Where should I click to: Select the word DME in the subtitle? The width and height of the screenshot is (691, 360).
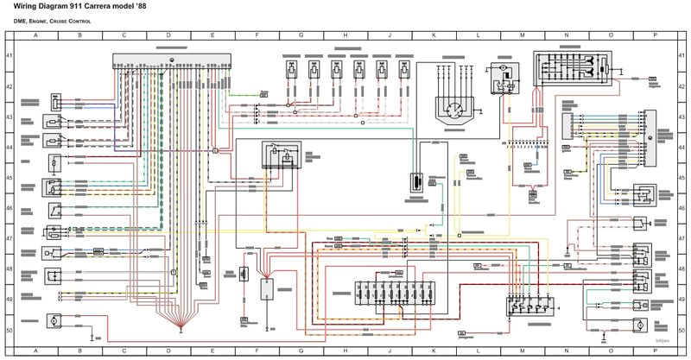click(x=22, y=20)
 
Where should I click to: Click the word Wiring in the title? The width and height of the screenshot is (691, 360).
click(x=26, y=8)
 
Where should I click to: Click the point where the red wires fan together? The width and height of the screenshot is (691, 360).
click(x=181, y=325)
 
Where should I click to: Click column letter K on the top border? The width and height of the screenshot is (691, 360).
click(x=434, y=35)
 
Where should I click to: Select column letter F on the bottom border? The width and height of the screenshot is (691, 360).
click(x=257, y=352)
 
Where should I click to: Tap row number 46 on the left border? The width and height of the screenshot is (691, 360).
click(x=9, y=208)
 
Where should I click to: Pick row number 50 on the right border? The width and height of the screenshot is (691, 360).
click(x=681, y=330)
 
